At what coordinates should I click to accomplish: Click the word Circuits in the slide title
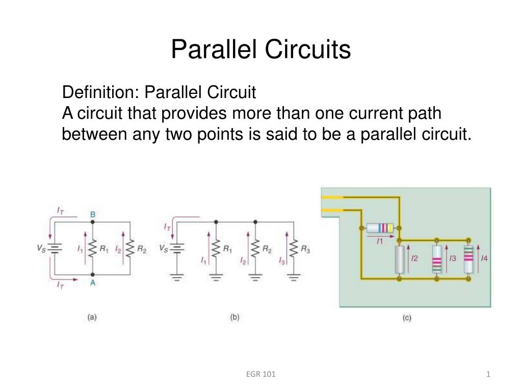[x=307, y=50]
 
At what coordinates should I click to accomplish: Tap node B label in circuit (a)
[x=93, y=214]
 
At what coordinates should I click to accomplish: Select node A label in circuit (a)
[x=93, y=283]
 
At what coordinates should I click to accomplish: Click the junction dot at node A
[x=93, y=275]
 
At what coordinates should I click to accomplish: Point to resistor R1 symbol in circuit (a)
[x=93, y=249]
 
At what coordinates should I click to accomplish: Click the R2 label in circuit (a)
[x=142, y=249]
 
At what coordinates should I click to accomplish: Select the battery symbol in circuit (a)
[x=55, y=249]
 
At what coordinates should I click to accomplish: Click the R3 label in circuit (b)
[x=305, y=249]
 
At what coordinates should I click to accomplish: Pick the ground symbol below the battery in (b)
[x=177, y=277]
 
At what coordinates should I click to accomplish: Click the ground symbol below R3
[x=294, y=277]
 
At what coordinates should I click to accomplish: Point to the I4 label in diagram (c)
[x=484, y=258]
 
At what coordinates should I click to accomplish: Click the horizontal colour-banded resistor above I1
[x=380, y=228]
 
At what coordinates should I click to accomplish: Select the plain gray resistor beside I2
[x=400, y=260]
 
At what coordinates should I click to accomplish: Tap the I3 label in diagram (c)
[x=453, y=258]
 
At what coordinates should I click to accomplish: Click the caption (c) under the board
[x=407, y=317]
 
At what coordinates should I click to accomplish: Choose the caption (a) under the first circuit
[x=92, y=317]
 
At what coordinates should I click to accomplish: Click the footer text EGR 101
[x=261, y=374]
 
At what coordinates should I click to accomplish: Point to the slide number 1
[x=488, y=374]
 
